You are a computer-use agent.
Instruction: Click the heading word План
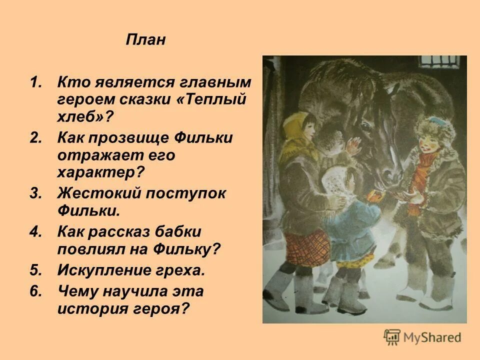tap(145, 40)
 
